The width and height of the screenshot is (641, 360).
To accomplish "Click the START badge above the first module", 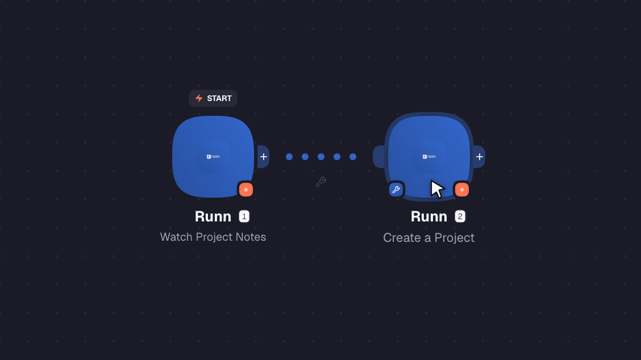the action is point(213,98).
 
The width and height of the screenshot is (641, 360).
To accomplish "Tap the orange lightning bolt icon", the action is point(199,98).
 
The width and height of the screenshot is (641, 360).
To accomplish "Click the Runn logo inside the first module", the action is point(213,157).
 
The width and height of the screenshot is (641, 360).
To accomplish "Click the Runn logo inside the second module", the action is point(429,157).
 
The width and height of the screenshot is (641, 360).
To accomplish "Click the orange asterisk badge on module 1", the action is point(245,190).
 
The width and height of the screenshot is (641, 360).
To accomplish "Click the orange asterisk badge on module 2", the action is point(461,190).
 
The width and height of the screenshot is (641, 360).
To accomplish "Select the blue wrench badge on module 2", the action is point(396,190).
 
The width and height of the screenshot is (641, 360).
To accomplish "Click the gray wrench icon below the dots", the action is point(321,182).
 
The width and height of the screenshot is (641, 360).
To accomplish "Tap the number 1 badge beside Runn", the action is point(244,216).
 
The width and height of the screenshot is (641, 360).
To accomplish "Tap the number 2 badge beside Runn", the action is point(460,216).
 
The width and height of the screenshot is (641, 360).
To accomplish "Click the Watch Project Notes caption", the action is point(213,237).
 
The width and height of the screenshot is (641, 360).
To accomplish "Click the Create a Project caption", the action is point(429,238).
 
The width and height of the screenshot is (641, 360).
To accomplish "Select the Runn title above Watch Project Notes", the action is point(213,216).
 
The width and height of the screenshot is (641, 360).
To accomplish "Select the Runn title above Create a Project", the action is point(429,216).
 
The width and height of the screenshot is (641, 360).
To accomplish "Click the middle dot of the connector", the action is point(321,157).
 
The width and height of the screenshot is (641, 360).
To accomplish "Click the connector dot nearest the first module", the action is point(289,157).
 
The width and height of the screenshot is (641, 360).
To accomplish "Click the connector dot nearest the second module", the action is point(353,157).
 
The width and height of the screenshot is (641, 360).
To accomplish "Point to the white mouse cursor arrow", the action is point(436,189).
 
